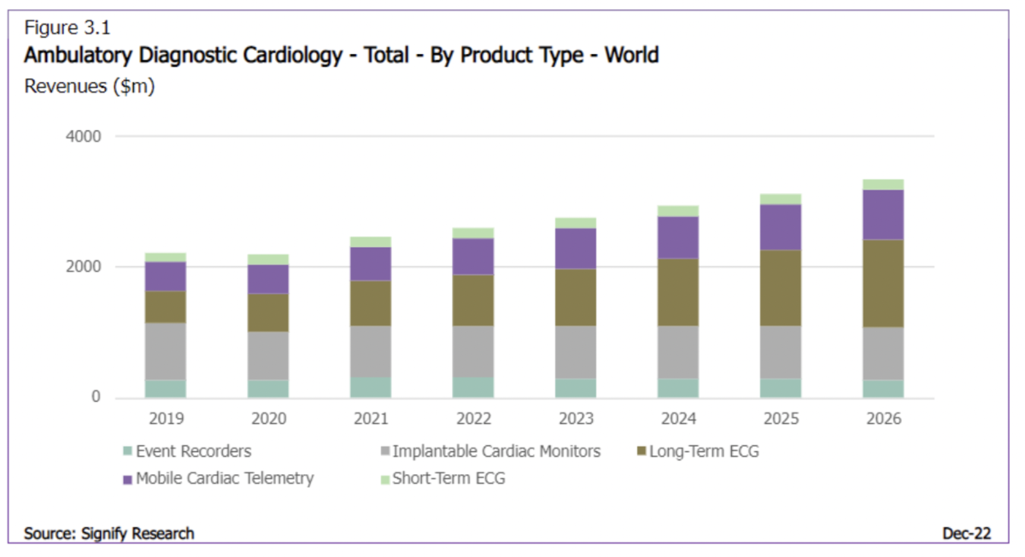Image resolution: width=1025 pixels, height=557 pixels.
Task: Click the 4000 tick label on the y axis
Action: coord(84,137)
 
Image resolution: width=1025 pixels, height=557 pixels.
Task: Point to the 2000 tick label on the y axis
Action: coord(84,267)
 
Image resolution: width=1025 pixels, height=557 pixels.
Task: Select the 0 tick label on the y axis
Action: coord(97,398)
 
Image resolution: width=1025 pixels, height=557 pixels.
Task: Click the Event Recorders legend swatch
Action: coord(128,451)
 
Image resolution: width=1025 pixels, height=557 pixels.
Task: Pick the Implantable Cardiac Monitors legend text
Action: coord(496,451)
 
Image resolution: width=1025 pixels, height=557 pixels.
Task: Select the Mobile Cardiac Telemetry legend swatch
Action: coord(128,478)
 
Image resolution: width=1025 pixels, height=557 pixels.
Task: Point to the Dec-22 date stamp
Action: coord(967,533)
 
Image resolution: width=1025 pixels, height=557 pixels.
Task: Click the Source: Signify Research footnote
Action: coord(109,533)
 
